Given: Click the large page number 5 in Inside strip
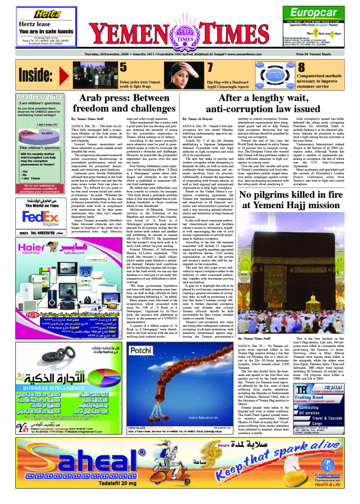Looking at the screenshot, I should point(124,67).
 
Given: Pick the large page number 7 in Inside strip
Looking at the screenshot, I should point(210,67).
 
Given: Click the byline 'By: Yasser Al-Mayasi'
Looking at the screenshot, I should point(197,119).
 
